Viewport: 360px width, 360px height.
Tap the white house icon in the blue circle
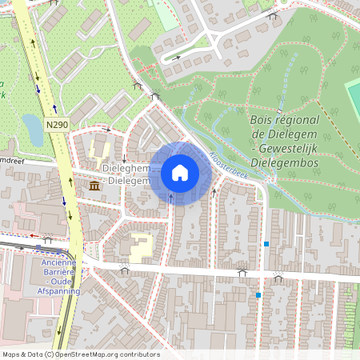tap(180, 173)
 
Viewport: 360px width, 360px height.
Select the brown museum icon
tap(95, 186)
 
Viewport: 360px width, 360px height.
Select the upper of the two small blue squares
tap(266, 243)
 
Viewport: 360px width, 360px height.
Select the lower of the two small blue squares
tap(258, 295)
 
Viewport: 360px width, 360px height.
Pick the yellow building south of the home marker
tap(140, 247)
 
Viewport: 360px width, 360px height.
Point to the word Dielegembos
tap(284, 163)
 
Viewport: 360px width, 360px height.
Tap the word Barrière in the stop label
tap(58, 273)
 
